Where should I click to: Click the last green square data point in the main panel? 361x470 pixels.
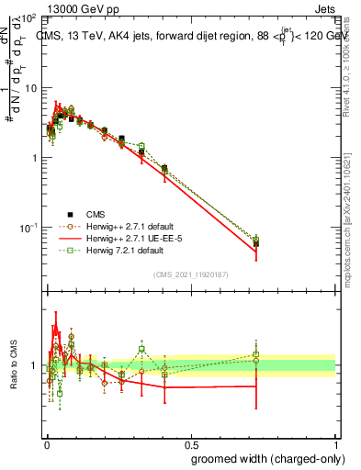[x=256, y=241]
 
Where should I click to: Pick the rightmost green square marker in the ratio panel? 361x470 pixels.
[x=256, y=354]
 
